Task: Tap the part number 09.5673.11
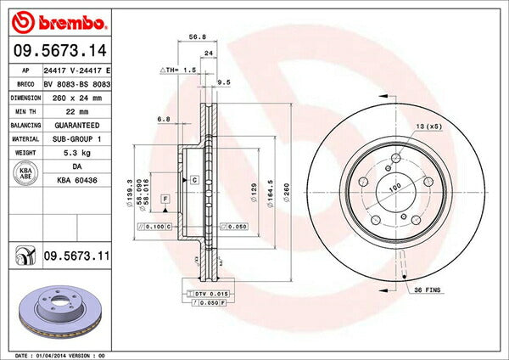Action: (76, 254)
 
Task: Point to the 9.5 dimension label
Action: (225, 82)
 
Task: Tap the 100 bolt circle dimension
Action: (394, 187)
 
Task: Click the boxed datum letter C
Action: (194, 181)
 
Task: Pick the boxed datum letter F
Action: (165, 198)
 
